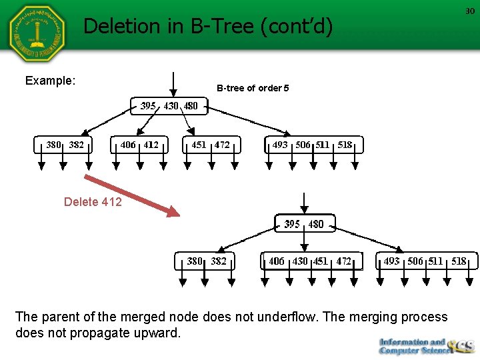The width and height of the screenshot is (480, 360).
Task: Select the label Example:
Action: (50, 81)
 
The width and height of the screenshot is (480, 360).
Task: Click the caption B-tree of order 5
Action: (253, 88)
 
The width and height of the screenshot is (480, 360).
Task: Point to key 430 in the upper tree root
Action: (171, 106)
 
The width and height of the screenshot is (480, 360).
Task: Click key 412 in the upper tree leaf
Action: (151, 145)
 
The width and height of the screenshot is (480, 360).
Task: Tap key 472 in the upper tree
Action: (222, 145)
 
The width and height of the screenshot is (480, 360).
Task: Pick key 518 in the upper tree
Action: (345, 145)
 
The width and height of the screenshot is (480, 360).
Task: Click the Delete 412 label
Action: (93, 202)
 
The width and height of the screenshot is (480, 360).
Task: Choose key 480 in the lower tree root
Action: (316, 224)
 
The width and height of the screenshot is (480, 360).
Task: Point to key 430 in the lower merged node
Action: (300, 261)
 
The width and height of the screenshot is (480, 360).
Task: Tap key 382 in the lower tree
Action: (219, 261)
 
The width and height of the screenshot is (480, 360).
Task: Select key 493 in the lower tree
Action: (391, 261)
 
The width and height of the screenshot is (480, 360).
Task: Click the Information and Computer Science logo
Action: (425, 345)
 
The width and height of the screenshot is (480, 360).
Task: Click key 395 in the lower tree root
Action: (292, 224)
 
